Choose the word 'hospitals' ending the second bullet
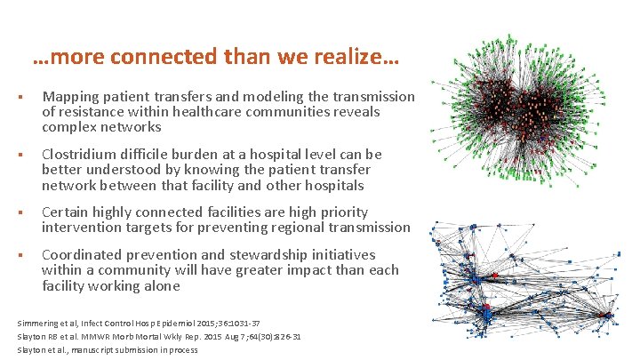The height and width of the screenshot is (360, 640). coord(334,185)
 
